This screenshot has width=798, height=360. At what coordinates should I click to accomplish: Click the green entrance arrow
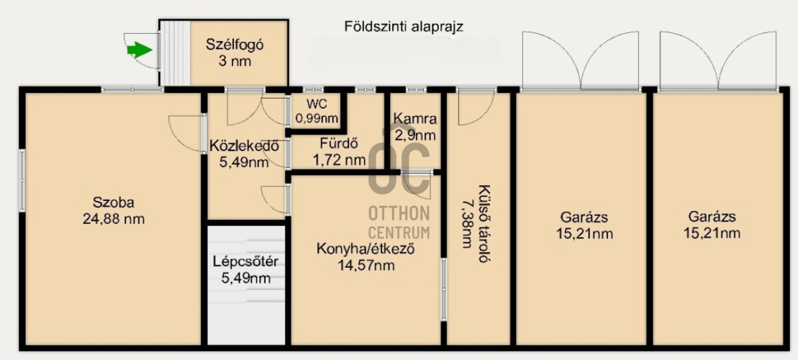(x=139, y=50)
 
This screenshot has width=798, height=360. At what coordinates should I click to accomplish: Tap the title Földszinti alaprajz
(x=403, y=27)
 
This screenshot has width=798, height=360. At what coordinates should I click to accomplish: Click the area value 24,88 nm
(x=113, y=218)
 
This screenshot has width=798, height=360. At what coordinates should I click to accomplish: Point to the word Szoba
(x=113, y=202)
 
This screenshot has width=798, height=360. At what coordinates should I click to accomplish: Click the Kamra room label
(x=415, y=120)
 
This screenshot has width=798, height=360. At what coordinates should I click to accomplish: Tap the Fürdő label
(x=339, y=143)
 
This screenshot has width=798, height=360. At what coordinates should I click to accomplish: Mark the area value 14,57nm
(x=367, y=265)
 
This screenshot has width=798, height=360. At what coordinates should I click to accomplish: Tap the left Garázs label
(x=583, y=217)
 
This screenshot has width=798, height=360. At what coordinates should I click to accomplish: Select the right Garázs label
(x=711, y=217)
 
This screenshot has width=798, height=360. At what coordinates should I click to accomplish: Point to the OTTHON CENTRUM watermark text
(x=399, y=222)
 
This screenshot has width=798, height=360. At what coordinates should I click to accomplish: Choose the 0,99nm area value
(x=317, y=118)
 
